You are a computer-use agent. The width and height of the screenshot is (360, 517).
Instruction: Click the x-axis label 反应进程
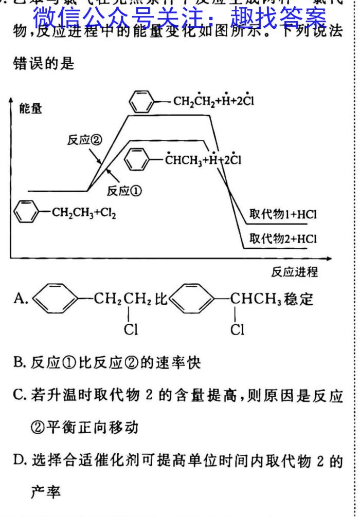[x=295, y=272]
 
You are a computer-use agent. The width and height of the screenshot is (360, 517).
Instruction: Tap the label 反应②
[x=82, y=140]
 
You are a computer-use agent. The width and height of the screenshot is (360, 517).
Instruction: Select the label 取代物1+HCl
[x=283, y=215]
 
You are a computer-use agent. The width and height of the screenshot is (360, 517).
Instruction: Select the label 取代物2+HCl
[x=283, y=239]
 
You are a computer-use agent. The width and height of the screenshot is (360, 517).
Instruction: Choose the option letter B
[x=20, y=363]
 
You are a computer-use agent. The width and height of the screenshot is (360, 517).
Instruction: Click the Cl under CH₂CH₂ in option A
[x=130, y=330]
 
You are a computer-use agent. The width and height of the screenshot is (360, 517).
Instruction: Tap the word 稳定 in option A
[x=299, y=299]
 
